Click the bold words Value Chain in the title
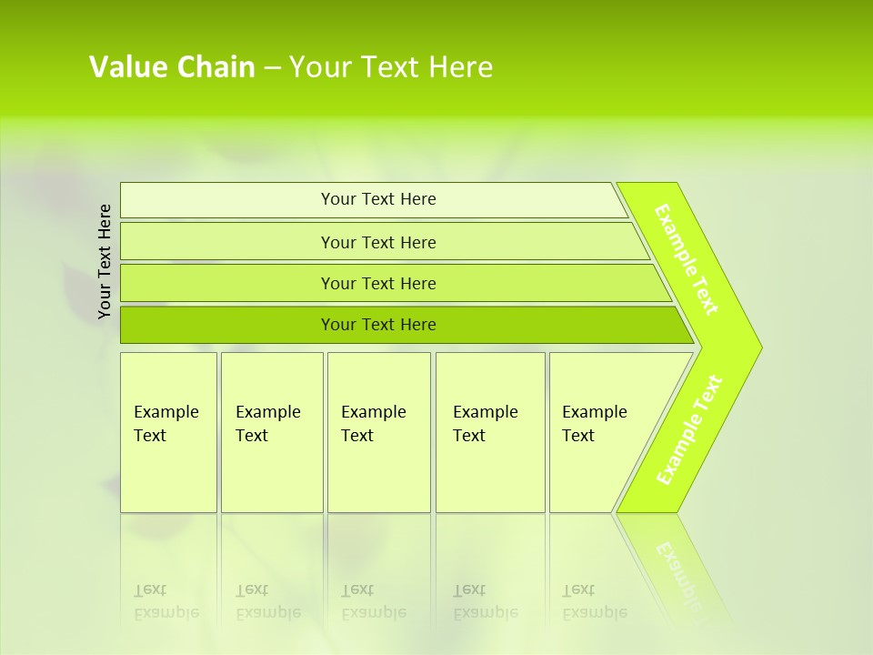click(x=172, y=67)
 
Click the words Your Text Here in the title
click(x=391, y=67)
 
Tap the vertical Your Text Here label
click(x=105, y=261)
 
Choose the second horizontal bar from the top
click(x=378, y=242)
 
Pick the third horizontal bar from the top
click(x=378, y=283)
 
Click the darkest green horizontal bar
click(x=378, y=325)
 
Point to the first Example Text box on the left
click(x=168, y=432)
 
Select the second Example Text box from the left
click(x=271, y=432)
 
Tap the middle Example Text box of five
click(x=378, y=432)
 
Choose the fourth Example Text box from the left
click(x=489, y=432)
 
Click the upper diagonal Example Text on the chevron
click(x=687, y=259)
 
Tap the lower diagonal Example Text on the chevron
click(x=689, y=429)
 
